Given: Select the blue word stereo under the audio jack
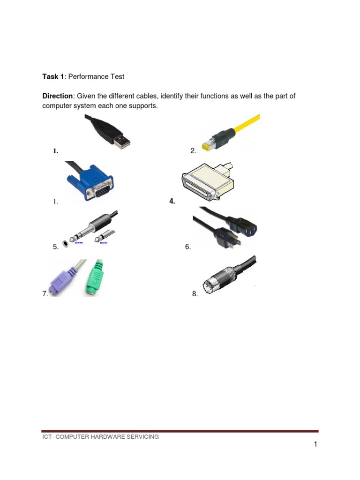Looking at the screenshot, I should click(x=80, y=243).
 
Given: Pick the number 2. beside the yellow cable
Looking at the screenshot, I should click(x=193, y=151).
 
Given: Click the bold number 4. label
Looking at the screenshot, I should click(x=172, y=202).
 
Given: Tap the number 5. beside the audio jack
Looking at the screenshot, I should click(x=56, y=247).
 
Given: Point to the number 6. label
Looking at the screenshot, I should click(x=188, y=247).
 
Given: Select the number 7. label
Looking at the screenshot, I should click(x=45, y=294).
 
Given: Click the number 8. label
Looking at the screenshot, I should click(x=195, y=294).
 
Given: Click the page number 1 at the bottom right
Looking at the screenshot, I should click(x=315, y=444).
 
